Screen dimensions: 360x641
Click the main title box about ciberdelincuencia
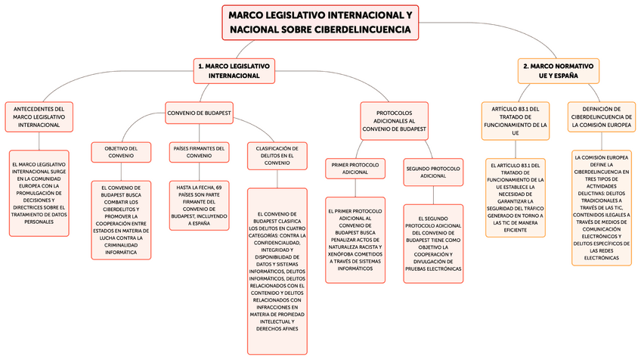[x=320, y=23]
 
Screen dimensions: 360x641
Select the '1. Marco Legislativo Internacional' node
[x=234, y=71]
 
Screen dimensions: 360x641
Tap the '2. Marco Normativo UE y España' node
[x=559, y=71]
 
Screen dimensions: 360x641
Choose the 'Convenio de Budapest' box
[x=199, y=113]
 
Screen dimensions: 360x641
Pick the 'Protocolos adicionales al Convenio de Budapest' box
[x=395, y=120]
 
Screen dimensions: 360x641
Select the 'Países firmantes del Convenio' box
[x=199, y=152]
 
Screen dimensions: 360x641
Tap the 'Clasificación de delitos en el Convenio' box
[x=277, y=156]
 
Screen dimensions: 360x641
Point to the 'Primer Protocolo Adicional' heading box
[x=355, y=168]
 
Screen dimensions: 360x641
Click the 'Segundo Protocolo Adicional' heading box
[x=432, y=171]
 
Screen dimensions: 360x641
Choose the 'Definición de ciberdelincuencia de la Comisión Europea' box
[x=602, y=118]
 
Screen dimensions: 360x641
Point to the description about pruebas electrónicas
[x=432, y=243]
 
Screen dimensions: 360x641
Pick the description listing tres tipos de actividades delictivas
[x=602, y=208]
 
